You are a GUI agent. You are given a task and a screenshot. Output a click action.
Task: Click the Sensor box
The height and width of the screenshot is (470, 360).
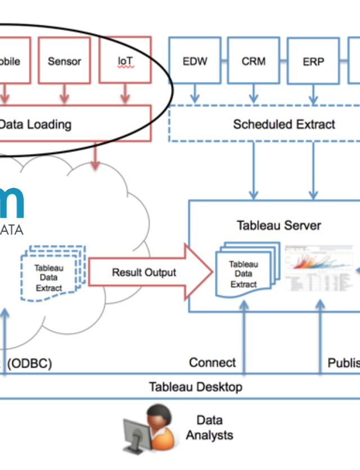tap(64, 61)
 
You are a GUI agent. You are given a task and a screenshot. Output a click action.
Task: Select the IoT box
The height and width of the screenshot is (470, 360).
tap(125, 60)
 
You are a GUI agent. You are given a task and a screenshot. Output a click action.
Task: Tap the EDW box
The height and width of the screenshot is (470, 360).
tap(195, 61)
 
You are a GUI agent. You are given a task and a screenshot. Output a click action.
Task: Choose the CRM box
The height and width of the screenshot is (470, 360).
tap(254, 61)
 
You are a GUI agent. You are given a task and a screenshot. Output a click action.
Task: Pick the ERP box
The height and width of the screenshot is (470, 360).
tap(313, 61)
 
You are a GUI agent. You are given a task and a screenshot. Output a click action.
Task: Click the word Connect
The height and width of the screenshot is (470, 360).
tap(213, 363)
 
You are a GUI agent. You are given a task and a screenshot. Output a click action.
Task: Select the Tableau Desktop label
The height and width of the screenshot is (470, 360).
tap(195, 387)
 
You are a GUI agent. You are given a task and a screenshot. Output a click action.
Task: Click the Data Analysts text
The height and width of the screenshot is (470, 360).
tap(209, 427)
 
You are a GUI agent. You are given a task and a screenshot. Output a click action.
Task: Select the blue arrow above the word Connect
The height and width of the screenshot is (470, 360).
tap(243, 332)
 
